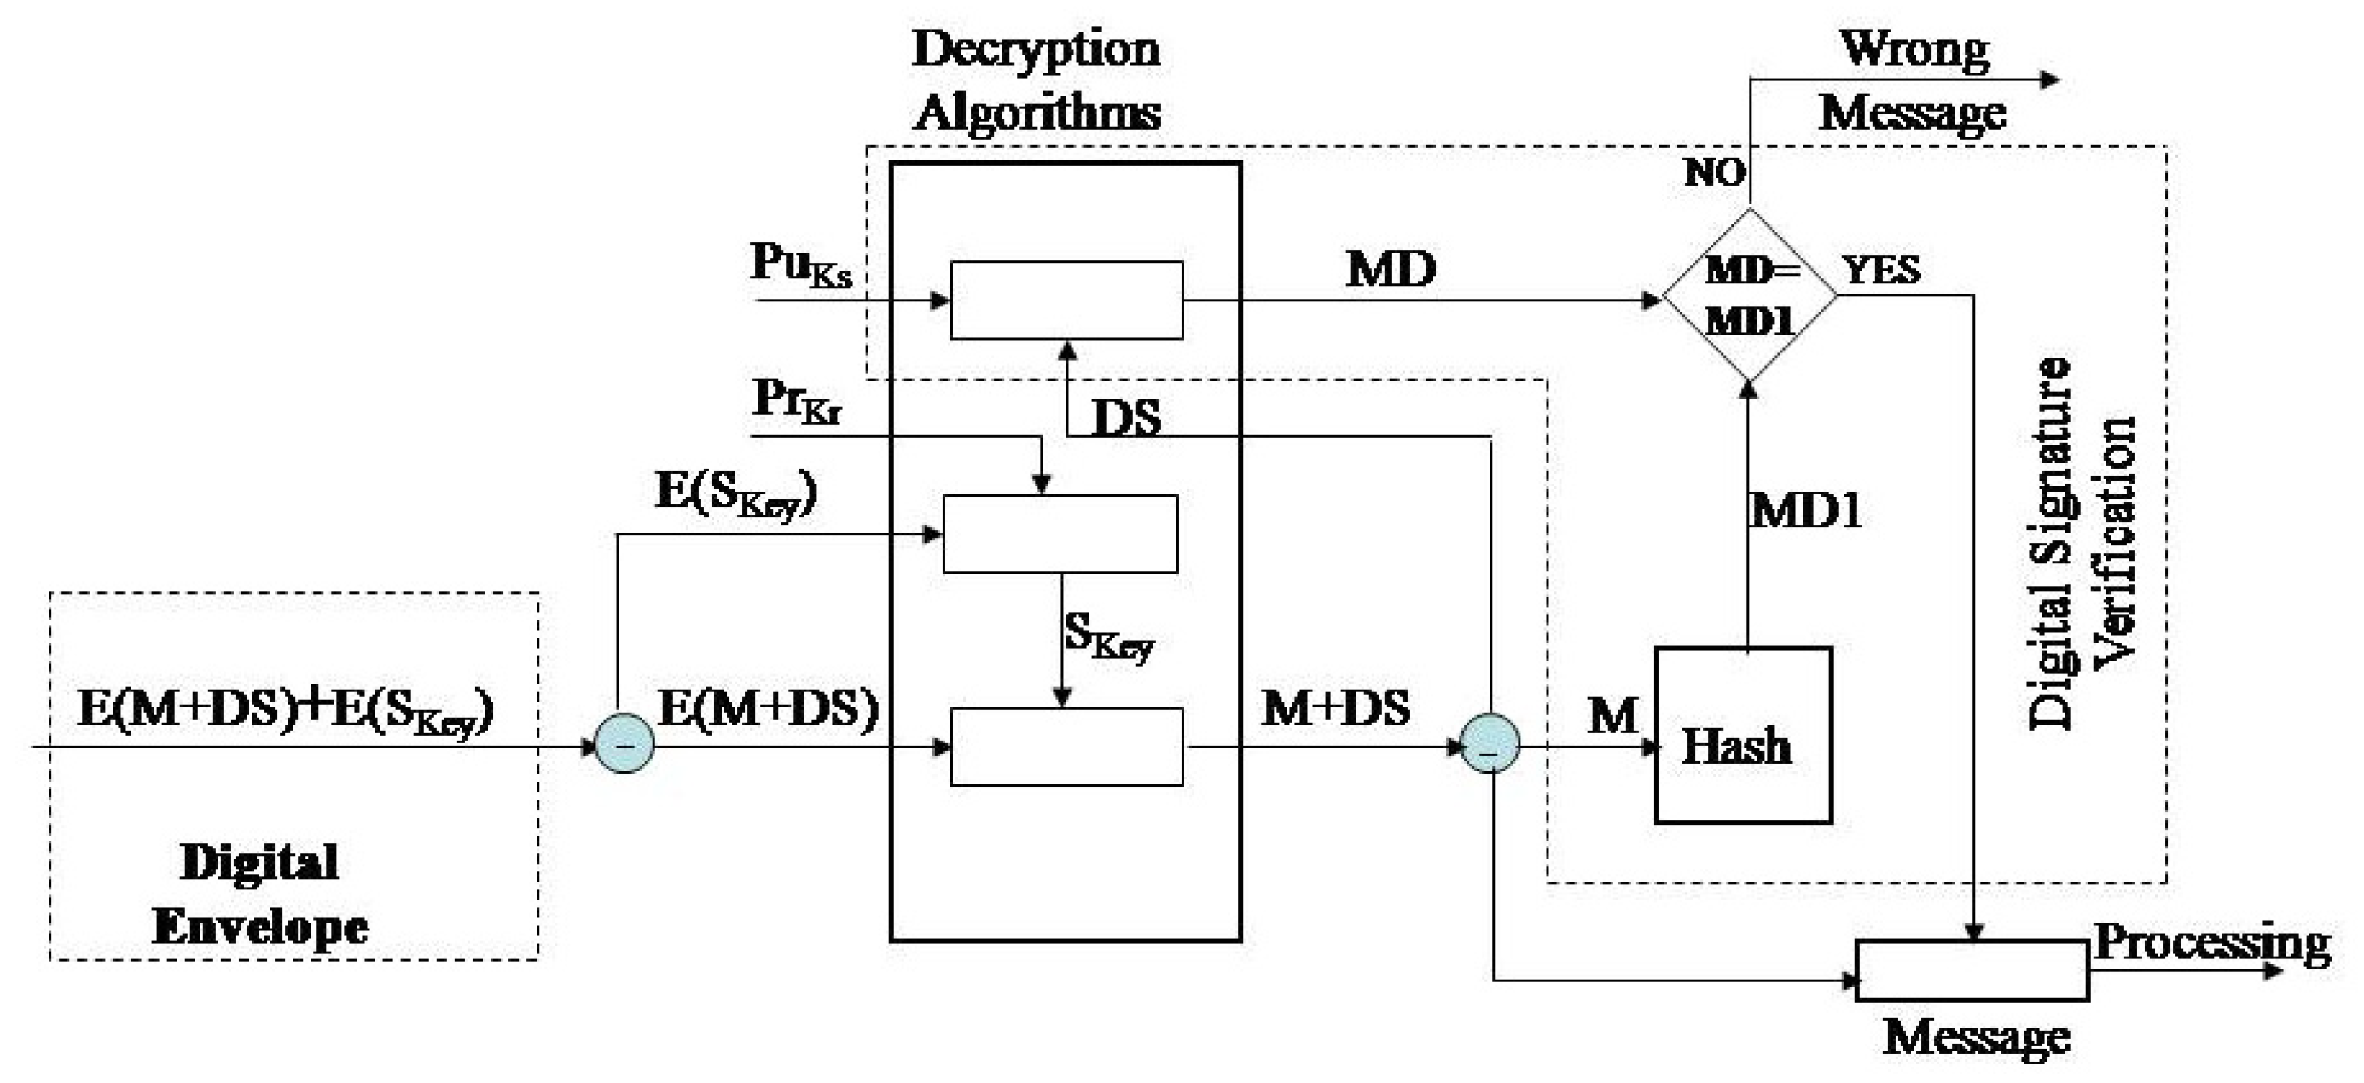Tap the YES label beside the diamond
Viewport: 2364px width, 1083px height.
click(1882, 270)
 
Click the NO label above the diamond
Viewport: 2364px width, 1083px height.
click(1713, 172)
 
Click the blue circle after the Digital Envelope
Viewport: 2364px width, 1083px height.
click(625, 743)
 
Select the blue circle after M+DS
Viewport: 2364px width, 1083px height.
click(1490, 743)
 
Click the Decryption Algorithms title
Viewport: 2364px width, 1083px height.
click(1037, 81)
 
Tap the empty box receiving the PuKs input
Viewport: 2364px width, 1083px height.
click(1066, 300)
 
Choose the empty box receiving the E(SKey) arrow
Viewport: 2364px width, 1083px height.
click(1060, 534)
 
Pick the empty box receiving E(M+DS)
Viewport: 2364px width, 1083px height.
click(1066, 746)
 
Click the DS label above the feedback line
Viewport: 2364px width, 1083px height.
click(1126, 418)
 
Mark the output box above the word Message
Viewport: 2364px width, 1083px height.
click(1972, 970)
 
